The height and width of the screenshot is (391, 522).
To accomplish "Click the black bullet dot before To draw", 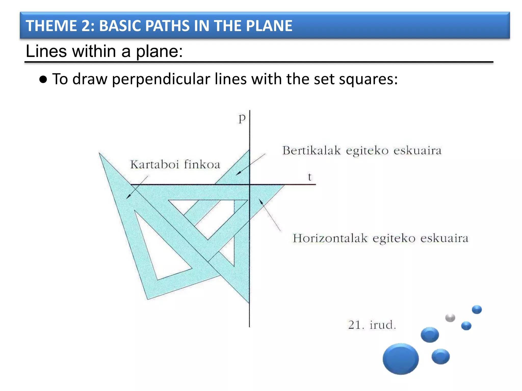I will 43,79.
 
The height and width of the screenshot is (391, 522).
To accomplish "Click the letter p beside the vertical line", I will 242,118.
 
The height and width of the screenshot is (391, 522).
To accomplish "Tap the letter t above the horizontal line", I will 310,177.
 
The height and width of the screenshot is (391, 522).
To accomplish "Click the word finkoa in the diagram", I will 202,164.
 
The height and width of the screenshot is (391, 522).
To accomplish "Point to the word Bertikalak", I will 311,150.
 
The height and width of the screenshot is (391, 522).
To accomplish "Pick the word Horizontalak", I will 330,239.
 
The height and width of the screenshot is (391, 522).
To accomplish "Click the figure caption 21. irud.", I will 372,325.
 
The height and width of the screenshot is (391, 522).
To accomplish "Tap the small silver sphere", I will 450,318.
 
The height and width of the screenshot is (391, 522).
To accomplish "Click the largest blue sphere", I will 400,359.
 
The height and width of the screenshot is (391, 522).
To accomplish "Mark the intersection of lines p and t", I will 250,184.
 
